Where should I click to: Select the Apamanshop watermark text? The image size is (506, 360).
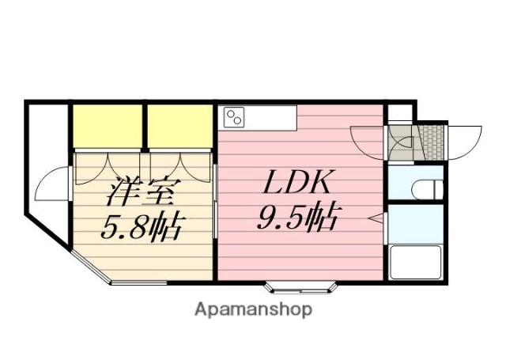[253, 309]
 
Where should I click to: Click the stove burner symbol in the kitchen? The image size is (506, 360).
[234, 118]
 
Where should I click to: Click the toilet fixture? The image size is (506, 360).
[426, 190]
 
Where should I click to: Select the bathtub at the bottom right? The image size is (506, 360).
[414, 262]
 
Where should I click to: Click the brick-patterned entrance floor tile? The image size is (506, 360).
[431, 140]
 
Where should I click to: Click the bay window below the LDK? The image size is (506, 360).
[300, 285]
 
